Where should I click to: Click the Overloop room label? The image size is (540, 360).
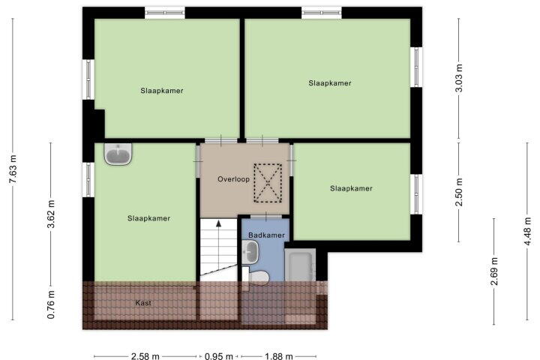click(x=233, y=179)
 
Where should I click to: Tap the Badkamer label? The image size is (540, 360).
click(x=266, y=235)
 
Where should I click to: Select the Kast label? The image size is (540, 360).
click(x=143, y=303)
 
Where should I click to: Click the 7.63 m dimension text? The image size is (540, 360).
click(x=13, y=169)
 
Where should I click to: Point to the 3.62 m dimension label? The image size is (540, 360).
click(x=51, y=214)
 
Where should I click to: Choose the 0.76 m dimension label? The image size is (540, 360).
click(x=51, y=304)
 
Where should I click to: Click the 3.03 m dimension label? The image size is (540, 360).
click(x=459, y=78)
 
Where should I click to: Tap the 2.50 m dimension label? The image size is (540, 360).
click(x=459, y=192)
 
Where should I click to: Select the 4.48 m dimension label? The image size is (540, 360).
click(x=527, y=231)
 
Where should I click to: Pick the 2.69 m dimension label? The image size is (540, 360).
click(x=494, y=271)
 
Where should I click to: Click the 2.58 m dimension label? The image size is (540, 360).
click(x=145, y=355)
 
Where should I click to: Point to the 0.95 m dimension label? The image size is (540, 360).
click(x=219, y=355)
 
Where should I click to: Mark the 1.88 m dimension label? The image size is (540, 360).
click(x=278, y=355)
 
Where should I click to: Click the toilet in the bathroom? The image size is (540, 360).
click(x=256, y=276)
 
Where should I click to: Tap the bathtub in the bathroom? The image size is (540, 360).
click(x=300, y=265)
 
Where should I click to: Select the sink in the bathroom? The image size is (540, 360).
click(x=250, y=252)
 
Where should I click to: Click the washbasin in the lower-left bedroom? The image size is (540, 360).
click(x=118, y=154)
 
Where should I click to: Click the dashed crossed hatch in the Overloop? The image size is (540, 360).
click(x=268, y=183)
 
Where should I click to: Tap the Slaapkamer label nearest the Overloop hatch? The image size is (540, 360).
click(x=351, y=188)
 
